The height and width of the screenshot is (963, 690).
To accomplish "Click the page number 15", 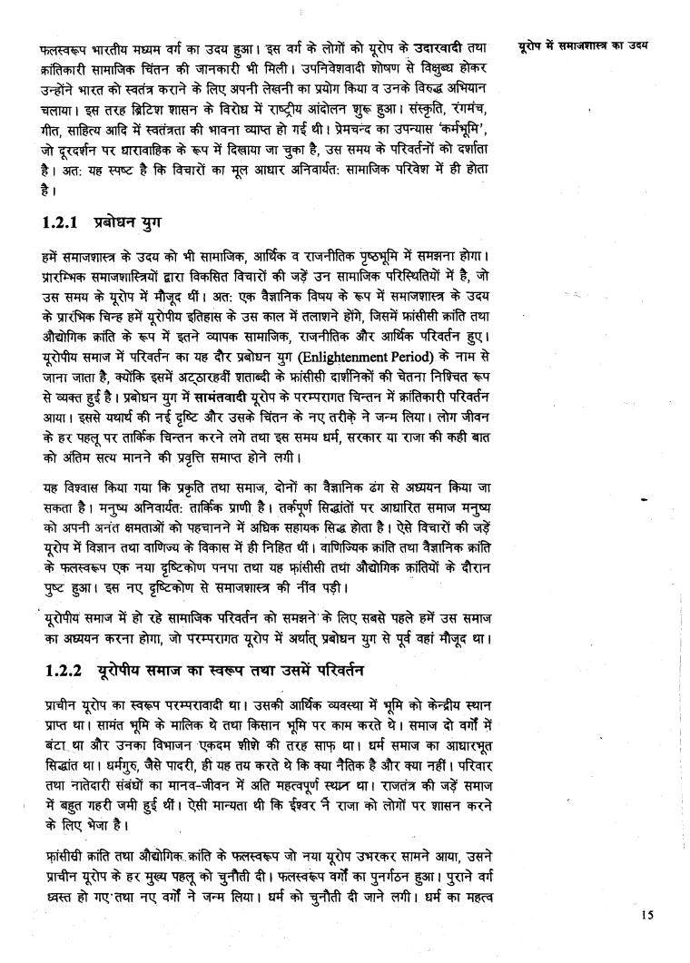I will (646, 915).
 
